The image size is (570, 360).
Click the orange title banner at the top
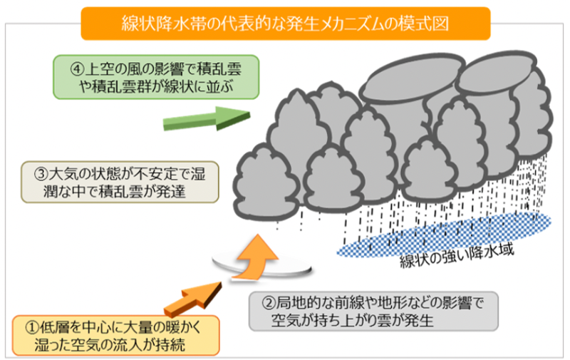[285, 23]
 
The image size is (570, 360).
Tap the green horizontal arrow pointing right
[206, 117]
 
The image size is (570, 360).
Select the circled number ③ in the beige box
[41, 173]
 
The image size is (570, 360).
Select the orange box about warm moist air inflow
[115, 336]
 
